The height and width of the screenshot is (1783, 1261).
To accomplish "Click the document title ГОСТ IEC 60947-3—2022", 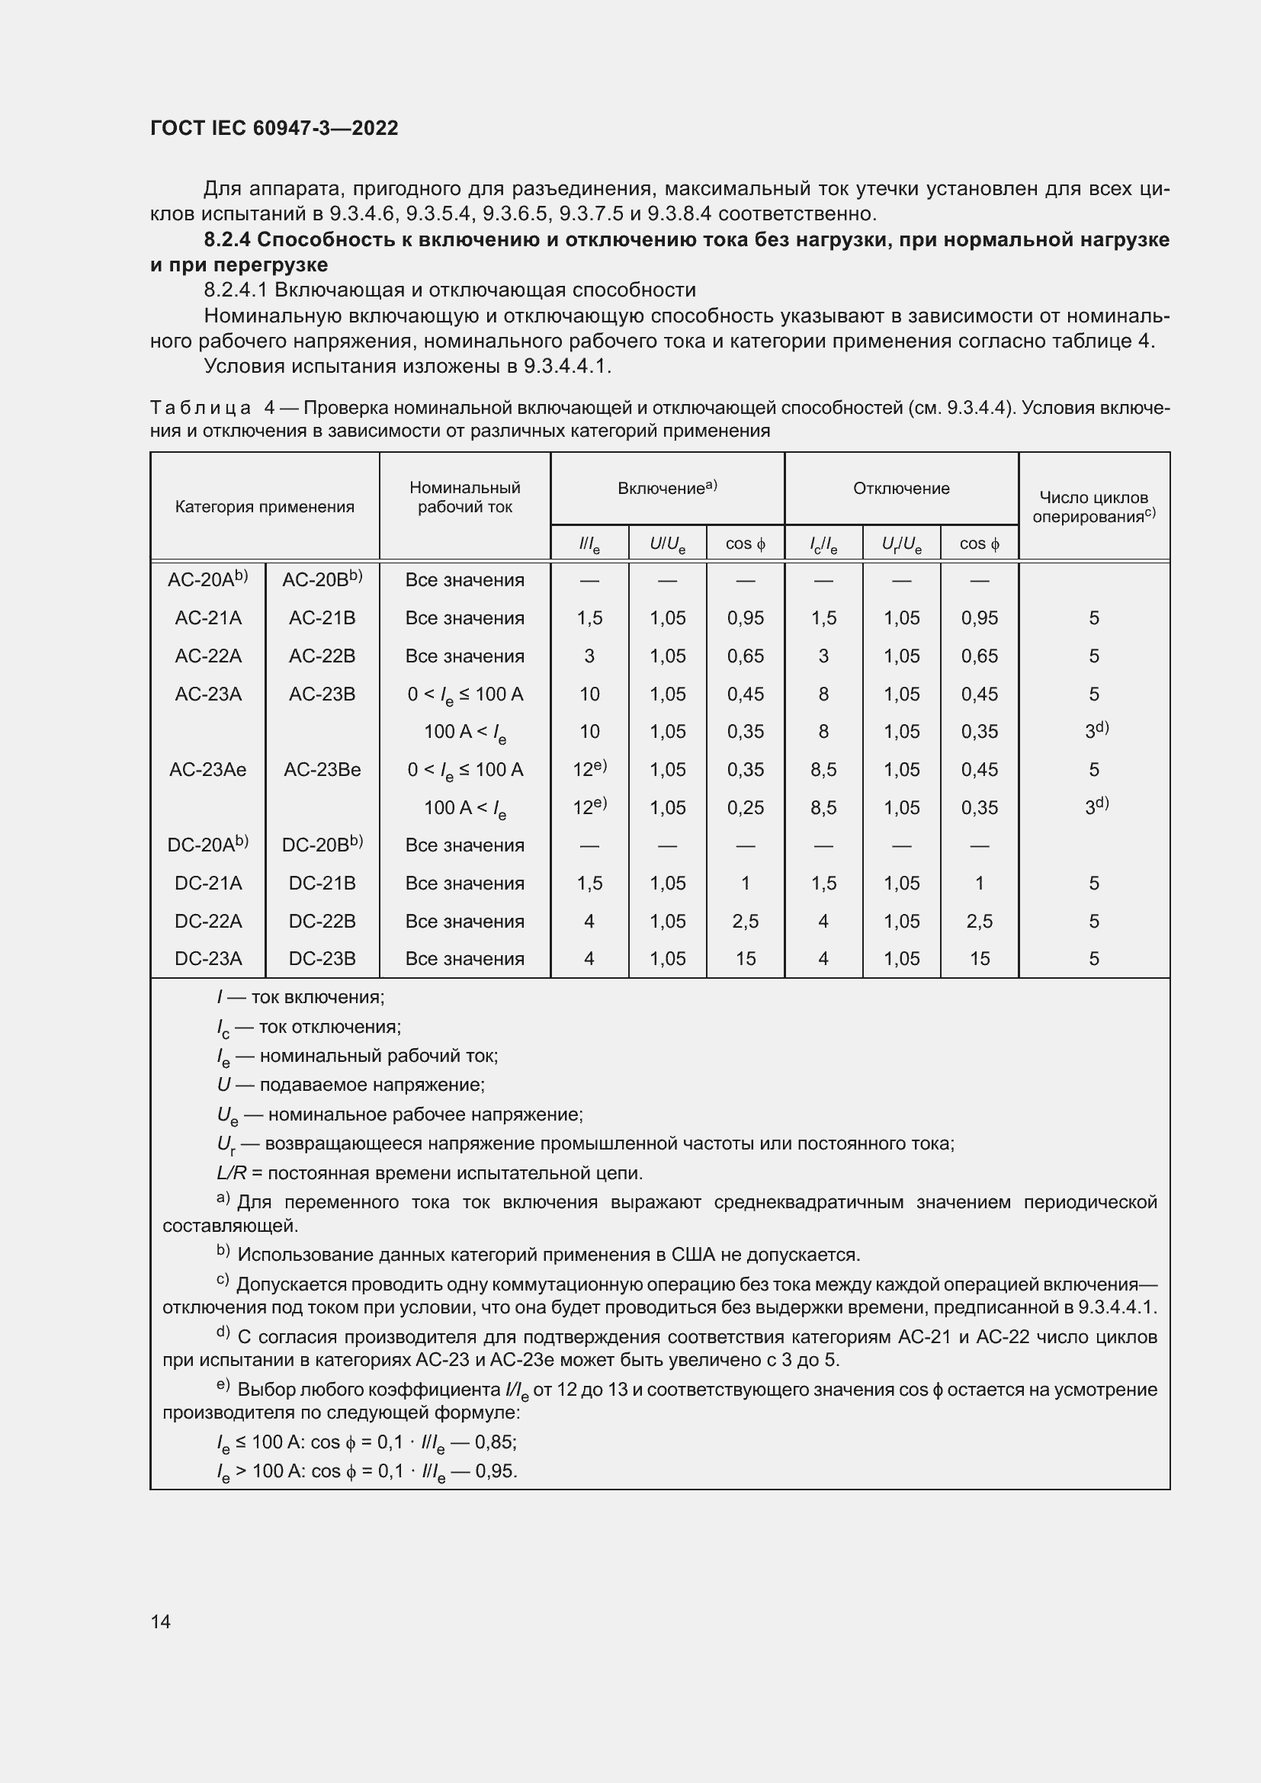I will point(274,128).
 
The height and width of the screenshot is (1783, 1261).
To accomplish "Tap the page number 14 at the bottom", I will point(161,1621).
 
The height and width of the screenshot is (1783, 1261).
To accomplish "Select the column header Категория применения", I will point(264,507).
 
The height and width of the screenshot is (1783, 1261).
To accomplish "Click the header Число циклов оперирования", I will point(1093,507).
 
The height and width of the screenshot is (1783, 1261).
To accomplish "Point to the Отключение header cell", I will point(900,489).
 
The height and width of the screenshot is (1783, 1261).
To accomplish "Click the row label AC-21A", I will point(208,618).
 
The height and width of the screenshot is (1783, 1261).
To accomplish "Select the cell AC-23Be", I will point(322,770).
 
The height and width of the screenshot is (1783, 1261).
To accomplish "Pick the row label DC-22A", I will point(208,921).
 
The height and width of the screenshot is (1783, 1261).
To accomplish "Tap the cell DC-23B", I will point(322,959).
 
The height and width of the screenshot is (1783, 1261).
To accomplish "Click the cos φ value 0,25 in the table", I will point(746,807).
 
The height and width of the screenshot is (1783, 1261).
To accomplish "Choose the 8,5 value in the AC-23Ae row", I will point(823,770).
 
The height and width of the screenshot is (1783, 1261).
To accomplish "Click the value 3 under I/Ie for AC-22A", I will point(589,656).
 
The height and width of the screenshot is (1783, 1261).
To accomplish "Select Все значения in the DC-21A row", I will point(464,883).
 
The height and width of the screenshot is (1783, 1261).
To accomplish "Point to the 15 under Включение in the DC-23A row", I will point(746,959).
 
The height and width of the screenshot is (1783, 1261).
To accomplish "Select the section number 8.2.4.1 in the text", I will point(236,290).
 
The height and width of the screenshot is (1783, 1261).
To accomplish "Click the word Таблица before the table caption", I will point(201,409).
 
